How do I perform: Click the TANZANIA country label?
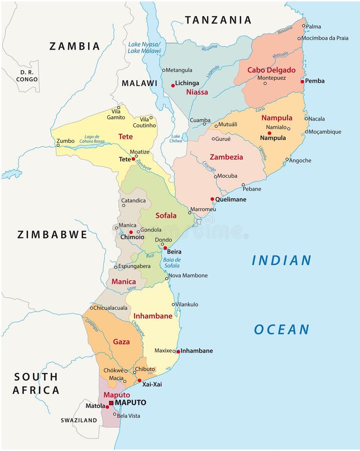(218, 20)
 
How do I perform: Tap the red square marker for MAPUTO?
(111, 402)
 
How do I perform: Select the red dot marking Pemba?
(302, 81)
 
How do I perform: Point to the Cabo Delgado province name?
(271, 70)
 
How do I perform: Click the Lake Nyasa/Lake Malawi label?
(144, 48)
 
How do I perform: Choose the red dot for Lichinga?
(173, 85)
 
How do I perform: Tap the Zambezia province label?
(226, 157)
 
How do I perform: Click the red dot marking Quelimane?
(213, 199)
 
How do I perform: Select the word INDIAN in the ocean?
(281, 261)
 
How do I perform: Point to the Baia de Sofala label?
(172, 263)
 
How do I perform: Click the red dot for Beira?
(165, 248)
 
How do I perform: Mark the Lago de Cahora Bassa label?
(92, 139)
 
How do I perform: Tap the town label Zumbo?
(65, 141)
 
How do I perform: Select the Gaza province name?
(121, 342)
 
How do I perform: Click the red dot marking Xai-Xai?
(139, 380)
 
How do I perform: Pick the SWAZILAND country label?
(79, 420)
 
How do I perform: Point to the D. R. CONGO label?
(27, 76)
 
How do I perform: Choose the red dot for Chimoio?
(131, 232)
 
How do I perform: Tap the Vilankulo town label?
(187, 304)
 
